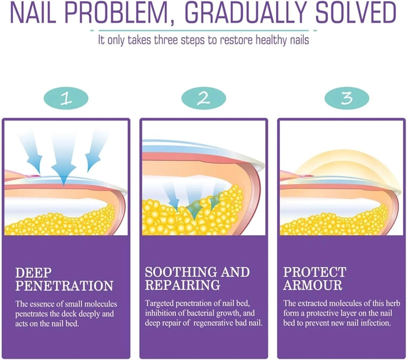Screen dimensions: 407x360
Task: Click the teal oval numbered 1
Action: pyautogui.click(x=66, y=98)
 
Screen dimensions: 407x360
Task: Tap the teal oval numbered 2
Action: pyautogui.click(x=203, y=98)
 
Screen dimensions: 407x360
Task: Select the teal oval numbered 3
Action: pyautogui.click(x=347, y=98)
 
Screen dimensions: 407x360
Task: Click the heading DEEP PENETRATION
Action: pyautogui.click(x=64, y=279)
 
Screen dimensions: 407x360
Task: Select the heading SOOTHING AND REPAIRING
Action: pyautogui.click(x=198, y=278)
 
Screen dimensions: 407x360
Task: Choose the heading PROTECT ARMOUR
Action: pyautogui.click(x=315, y=278)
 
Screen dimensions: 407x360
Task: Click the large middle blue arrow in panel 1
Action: pyautogui.click(x=64, y=159)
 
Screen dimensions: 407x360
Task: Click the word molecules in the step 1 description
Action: pyautogui.click(x=101, y=304)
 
